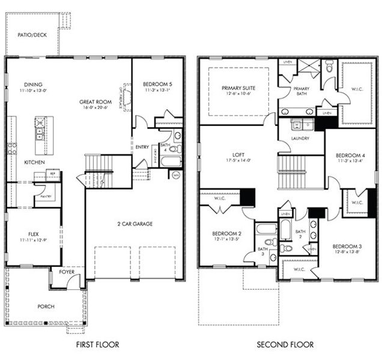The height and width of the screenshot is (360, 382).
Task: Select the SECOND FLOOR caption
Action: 285,344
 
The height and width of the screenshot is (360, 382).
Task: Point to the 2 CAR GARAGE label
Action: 135,224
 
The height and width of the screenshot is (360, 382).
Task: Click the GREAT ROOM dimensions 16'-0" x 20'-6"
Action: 96,109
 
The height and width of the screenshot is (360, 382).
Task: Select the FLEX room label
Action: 34,235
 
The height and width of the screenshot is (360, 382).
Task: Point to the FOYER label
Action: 67,271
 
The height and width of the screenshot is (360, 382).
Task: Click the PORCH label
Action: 46,307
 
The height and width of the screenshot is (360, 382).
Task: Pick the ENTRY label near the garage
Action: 142,147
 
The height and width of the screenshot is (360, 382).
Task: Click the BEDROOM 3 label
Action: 347,247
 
